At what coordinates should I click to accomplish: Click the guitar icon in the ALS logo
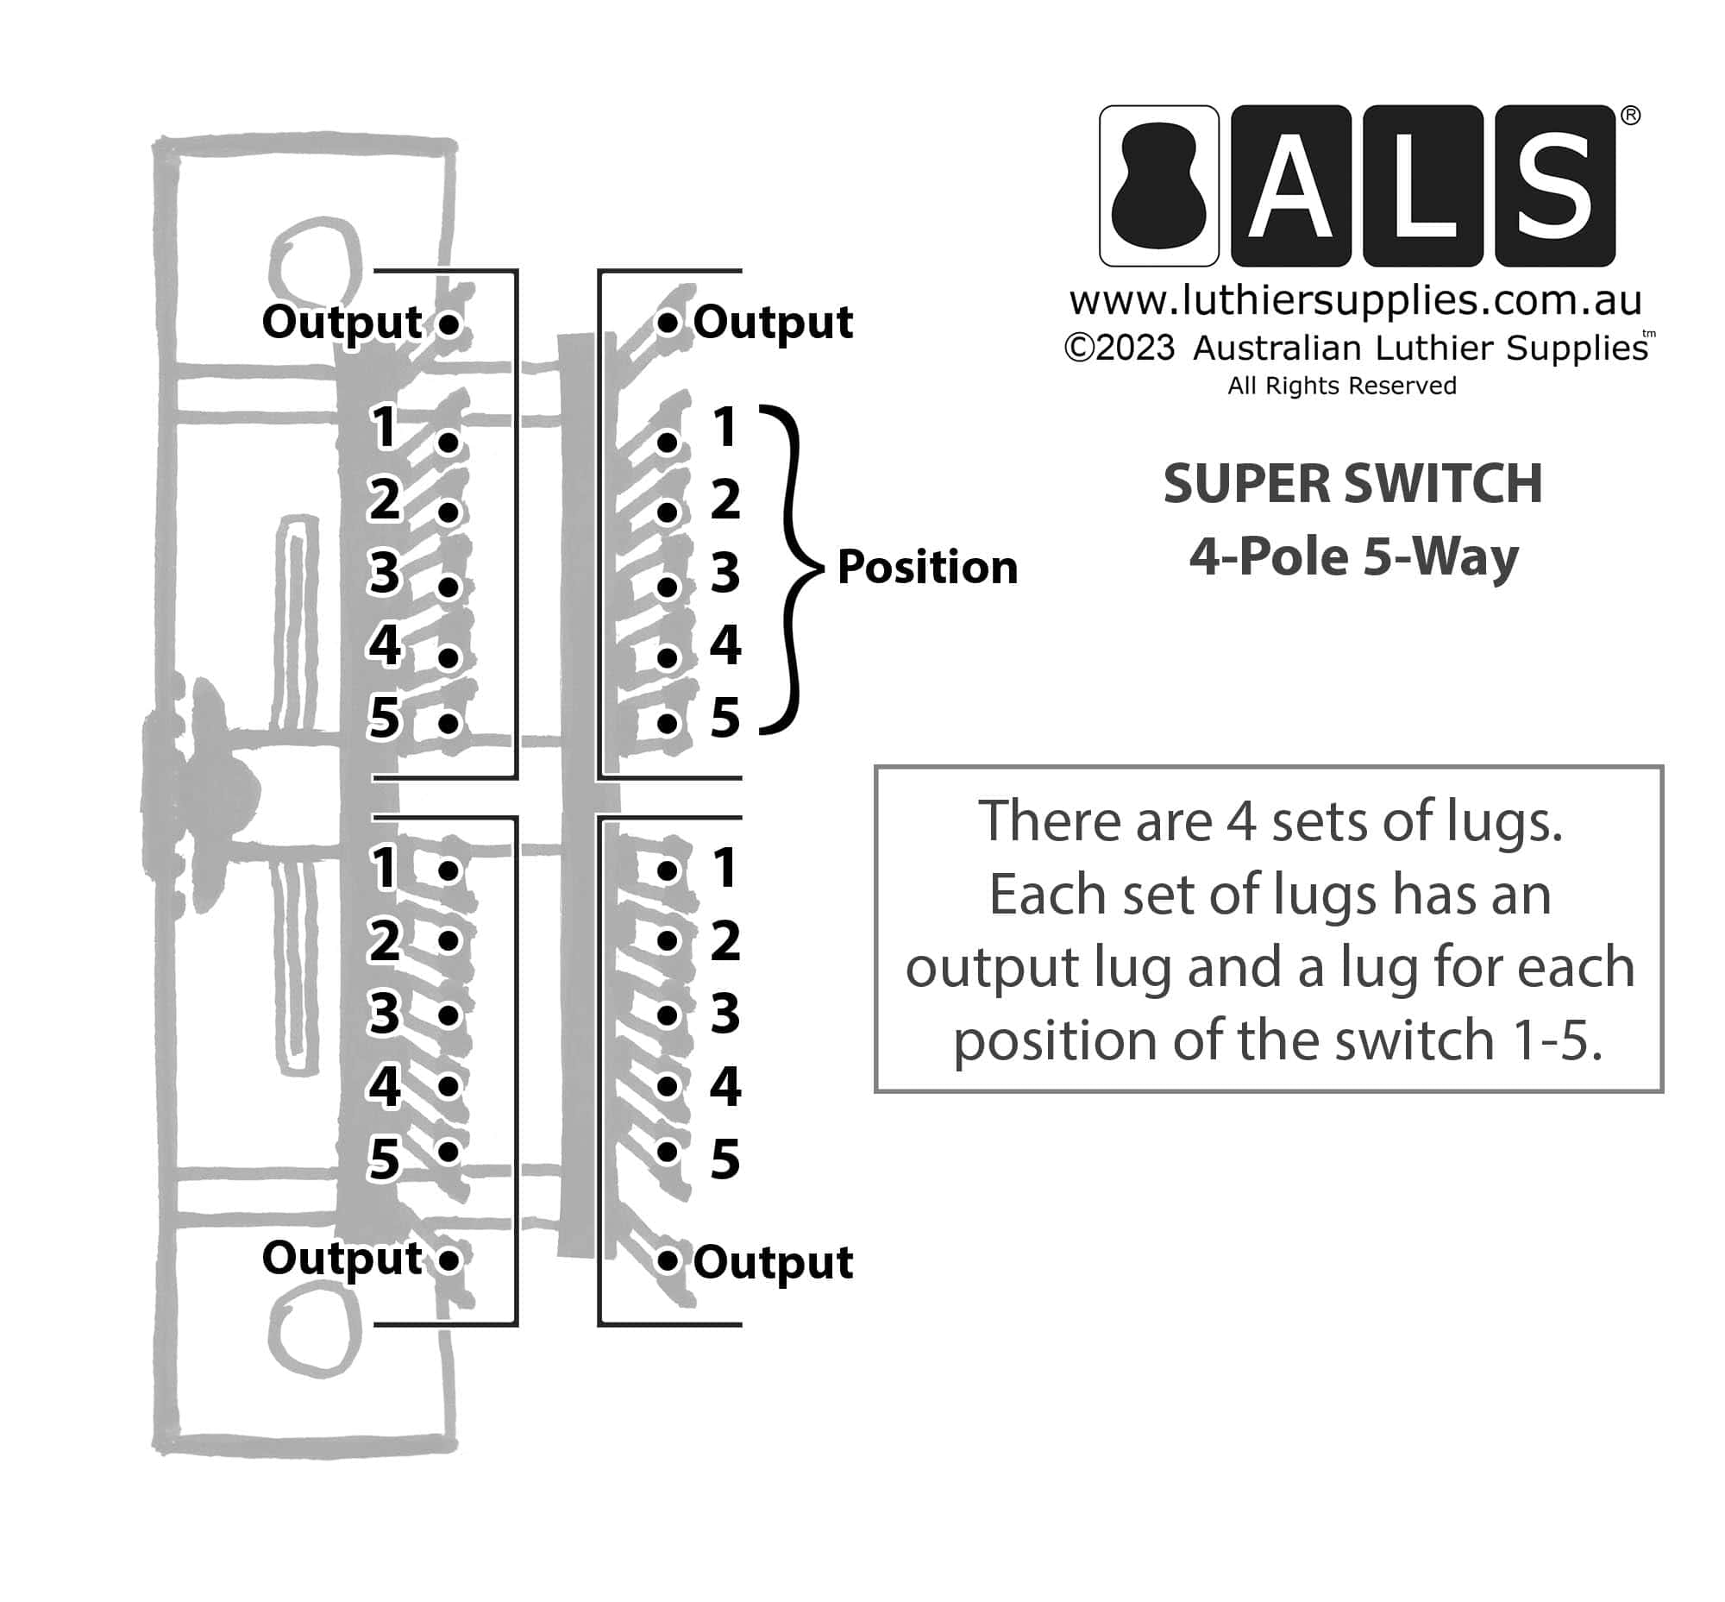click(1158, 185)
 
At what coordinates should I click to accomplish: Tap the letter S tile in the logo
click(1554, 185)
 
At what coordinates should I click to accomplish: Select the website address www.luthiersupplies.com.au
click(1355, 301)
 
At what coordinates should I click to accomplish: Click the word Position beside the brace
click(926, 568)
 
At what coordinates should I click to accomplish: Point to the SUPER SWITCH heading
click(1352, 484)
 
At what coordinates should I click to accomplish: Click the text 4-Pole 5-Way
click(1353, 556)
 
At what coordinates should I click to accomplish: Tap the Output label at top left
click(342, 323)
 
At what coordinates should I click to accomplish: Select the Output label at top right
click(772, 323)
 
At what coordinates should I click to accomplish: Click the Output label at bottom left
click(342, 1259)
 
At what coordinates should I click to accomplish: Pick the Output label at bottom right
click(772, 1262)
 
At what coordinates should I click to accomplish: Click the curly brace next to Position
click(792, 569)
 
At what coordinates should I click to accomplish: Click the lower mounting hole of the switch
click(314, 1332)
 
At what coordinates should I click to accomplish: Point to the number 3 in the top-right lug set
click(725, 572)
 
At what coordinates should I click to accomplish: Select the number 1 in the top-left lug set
click(384, 426)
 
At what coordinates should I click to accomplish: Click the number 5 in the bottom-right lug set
click(725, 1159)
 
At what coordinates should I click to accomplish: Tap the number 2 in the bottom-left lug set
click(384, 940)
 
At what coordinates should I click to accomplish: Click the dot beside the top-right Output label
click(667, 324)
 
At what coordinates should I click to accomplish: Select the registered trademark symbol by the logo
click(1629, 116)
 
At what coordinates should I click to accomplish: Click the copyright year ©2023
click(1119, 349)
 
